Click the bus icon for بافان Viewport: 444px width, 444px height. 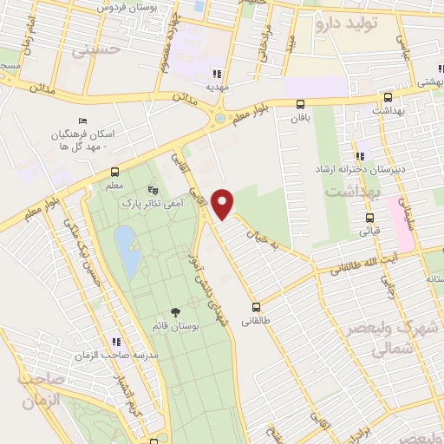[301, 104]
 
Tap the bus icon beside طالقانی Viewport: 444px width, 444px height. [256, 307]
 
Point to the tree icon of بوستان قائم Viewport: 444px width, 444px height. [176, 311]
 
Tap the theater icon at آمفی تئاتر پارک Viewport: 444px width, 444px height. [153, 189]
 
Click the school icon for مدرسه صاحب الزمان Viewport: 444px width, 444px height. [115, 341]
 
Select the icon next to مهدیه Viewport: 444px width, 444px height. [217, 75]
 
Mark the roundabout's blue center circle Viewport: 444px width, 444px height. [219, 118]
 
